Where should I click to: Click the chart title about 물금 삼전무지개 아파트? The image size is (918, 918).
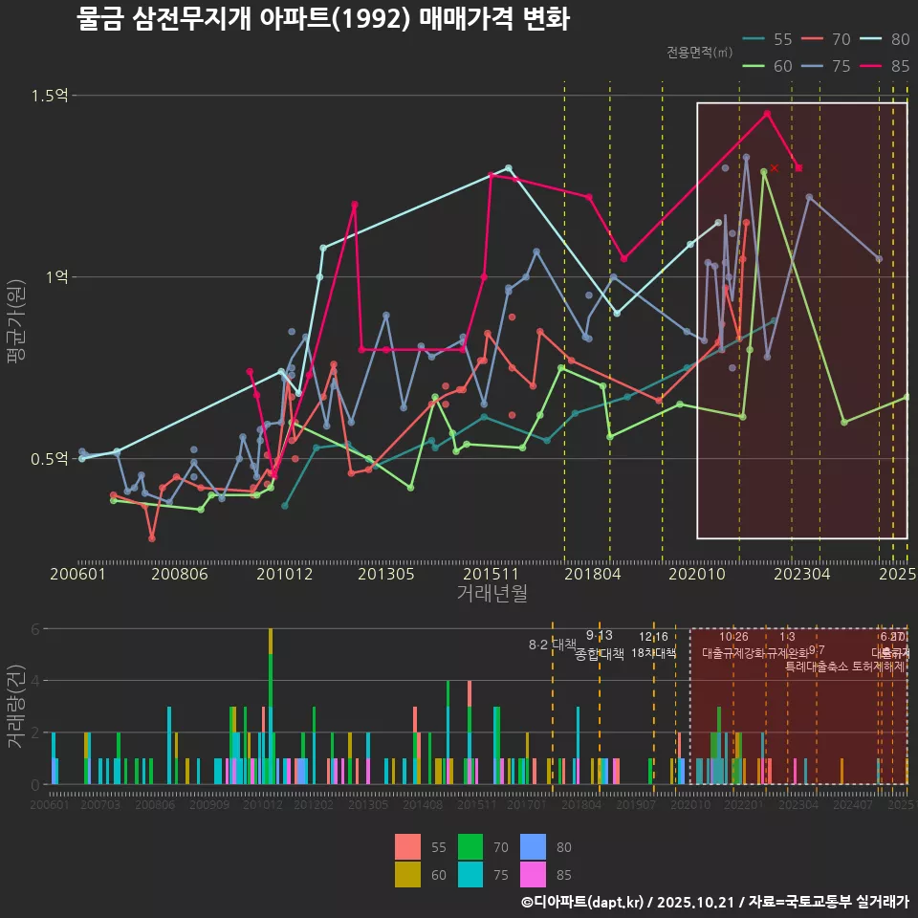tap(323, 19)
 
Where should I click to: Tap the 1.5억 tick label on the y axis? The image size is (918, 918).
tap(50, 96)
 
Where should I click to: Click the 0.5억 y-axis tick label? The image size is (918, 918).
tap(50, 459)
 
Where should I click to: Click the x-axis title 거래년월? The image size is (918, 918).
tap(492, 594)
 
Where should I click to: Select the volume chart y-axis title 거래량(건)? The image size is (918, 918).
tap(16, 708)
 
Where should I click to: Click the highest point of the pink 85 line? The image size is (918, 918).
tap(767, 114)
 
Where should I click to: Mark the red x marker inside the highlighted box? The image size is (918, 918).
tap(775, 168)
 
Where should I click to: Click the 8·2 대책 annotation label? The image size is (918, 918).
tap(553, 645)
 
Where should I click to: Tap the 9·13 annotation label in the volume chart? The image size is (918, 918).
tap(600, 636)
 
